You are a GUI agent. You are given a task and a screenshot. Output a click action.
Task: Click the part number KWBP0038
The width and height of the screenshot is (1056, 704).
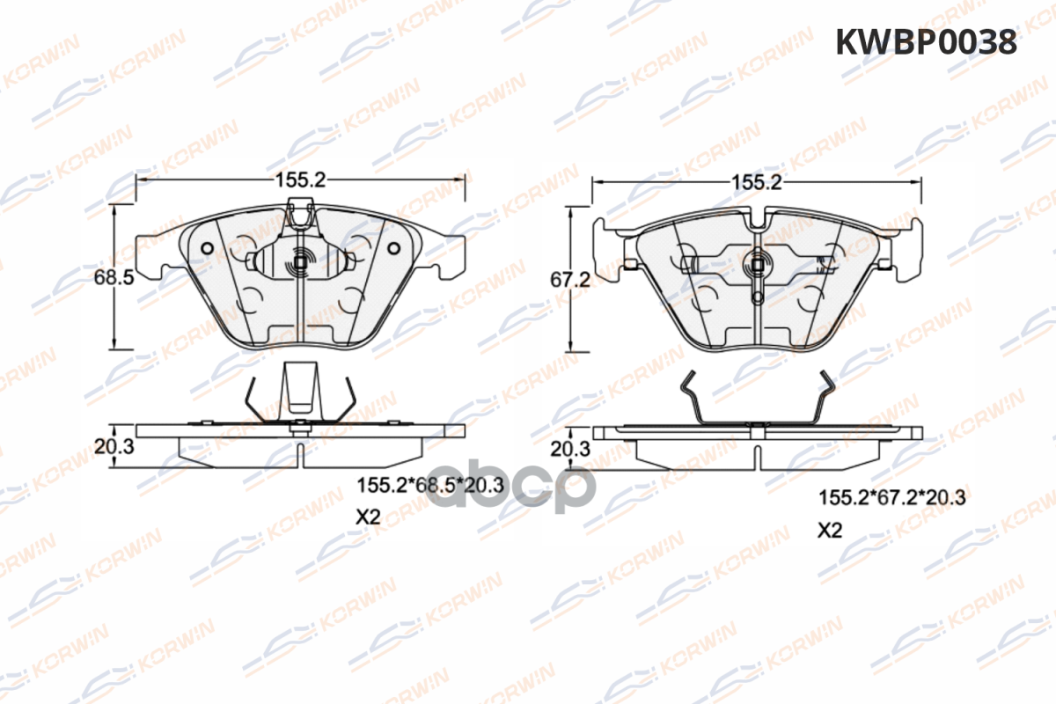pyautogui.click(x=926, y=42)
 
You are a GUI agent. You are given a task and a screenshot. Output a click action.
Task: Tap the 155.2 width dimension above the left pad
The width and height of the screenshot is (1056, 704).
pyautogui.click(x=300, y=180)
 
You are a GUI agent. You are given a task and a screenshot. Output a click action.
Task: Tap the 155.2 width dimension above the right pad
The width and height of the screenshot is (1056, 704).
pyautogui.click(x=756, y=182)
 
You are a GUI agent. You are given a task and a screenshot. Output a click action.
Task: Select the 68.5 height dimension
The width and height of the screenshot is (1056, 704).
pyautogui.click(x=114, y=277)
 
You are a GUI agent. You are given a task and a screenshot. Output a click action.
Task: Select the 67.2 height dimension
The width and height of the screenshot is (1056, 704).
pyautogui.click(x=570, y=280)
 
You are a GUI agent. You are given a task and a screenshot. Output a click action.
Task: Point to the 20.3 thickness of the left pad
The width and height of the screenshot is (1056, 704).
pyautogui.click(x=114, y=446)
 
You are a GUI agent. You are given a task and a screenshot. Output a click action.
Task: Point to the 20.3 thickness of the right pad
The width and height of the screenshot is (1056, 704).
pyautogui.click(x=570, y=449)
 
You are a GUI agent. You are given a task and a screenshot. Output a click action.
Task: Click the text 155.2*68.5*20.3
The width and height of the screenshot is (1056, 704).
pyautogui.click(x=430, y=485)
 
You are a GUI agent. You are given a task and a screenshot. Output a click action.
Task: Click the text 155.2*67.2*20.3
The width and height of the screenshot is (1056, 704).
pyautogui.click(x=892, y=498)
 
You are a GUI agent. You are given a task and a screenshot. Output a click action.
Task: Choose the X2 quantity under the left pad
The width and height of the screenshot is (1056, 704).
pyautogui.click(x=368, y=517)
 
